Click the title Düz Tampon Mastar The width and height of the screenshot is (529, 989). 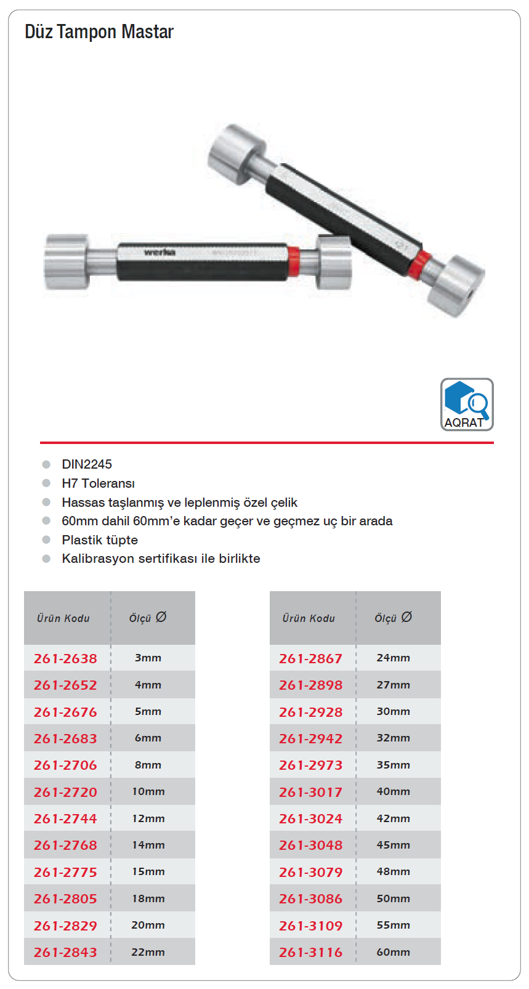[99, 31]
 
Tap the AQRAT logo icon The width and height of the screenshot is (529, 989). [467, 404]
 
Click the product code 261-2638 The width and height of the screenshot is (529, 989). [65, 658]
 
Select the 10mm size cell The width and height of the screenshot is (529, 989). [148, 791]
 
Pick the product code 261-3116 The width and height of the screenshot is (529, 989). [310, 953]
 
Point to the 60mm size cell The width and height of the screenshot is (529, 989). [393, 952]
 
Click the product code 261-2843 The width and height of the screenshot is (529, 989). [65, 953]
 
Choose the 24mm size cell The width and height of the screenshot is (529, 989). [393, 658]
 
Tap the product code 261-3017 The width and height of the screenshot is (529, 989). [310, 792]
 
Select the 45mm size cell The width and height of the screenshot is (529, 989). [393, 845]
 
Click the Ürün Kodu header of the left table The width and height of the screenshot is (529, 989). [63, 618]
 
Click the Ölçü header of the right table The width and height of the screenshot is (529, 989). [393, 618]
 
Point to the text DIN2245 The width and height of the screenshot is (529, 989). [87, 464]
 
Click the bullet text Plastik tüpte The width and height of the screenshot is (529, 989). [100, 540]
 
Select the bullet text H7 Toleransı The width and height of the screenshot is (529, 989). [98, 483]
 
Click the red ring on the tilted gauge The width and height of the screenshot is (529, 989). [421, 264]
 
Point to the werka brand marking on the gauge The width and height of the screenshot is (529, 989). [160, 252]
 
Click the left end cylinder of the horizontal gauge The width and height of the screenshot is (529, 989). [67, 262]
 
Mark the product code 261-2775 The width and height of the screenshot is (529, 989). [65, 872]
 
